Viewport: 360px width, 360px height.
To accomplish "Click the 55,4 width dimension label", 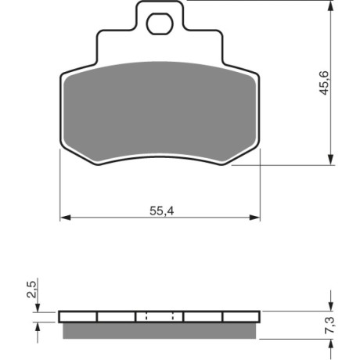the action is point(162,211).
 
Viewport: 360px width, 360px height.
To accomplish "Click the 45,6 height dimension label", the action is point(325,83).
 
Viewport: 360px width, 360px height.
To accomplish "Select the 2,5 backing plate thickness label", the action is point(31,290).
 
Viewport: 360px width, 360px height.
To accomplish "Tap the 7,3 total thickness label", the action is point(330,325).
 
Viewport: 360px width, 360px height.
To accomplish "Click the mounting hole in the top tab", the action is point(160,24).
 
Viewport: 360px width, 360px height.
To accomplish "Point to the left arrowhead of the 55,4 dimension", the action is point(66,218).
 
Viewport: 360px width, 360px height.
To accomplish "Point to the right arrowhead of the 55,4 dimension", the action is point(254,218).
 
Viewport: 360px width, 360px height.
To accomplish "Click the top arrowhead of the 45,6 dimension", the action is point(330,5).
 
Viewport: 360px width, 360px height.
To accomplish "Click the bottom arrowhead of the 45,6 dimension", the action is point(330,160).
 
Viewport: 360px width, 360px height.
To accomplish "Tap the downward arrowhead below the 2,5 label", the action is point(38,307).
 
